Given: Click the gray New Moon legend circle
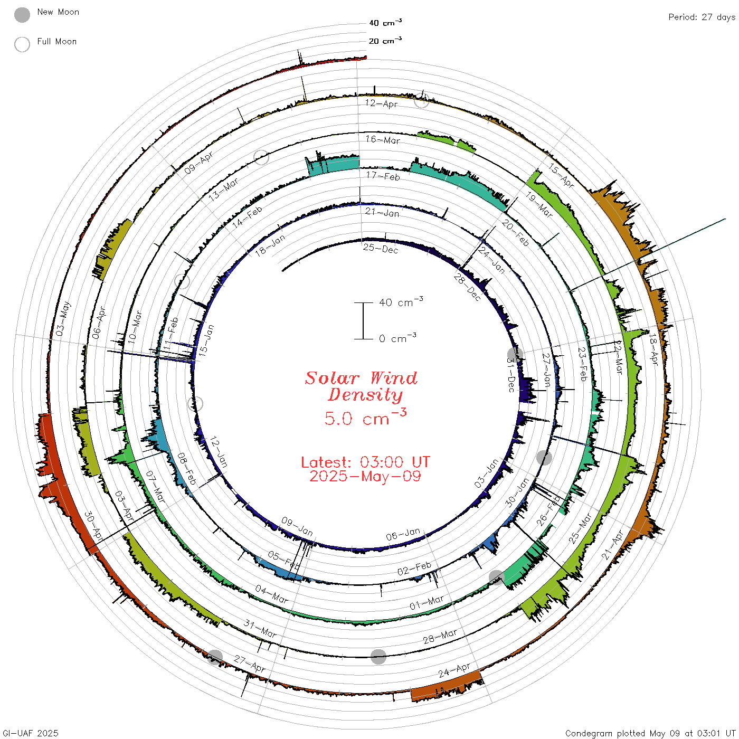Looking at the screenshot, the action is pyautogui.click(x=22, y=15).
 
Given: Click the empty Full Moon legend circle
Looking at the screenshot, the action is pyautogui.click(x=22, y=44).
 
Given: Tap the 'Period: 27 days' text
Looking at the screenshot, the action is pyautogui.click(x=702, y=17).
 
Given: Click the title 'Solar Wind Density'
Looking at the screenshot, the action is pyautogui.click(x=361, y=386).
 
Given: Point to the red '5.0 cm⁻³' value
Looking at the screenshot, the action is pyautogui.click(x=365, y=417).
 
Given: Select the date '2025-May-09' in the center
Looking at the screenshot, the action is pyautogui.click(x=365, y=476).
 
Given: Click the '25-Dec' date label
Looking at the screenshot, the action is pyautogui.click(x=381, y=249).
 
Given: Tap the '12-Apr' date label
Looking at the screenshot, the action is pyautogui.click(x=381, y=103).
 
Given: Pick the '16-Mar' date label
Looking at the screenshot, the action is pyautogui.click(x=383, y=139).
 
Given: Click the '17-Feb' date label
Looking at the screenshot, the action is pyautogui.click(x=383, y=176).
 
